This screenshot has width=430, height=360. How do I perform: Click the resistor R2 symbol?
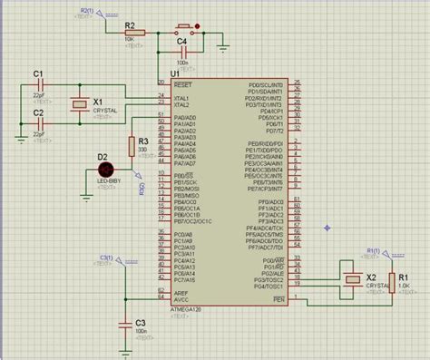[x=131, y=32]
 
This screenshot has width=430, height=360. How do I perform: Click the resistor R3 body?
[x=132, y=148]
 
